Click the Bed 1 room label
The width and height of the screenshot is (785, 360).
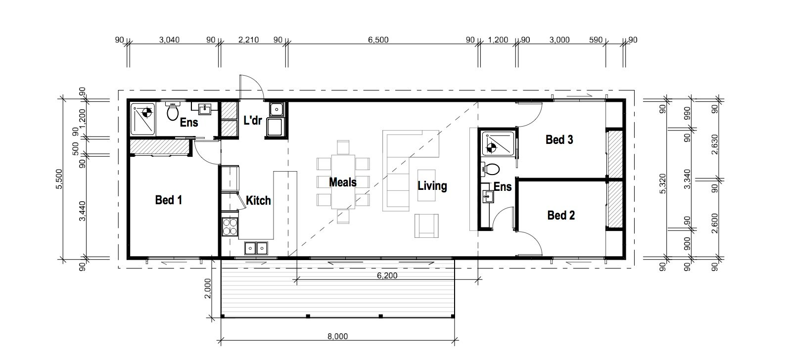tap(169, 200)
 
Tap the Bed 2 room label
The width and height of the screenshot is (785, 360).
tap(561, 215)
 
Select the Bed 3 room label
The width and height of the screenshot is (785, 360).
tap(559, 140)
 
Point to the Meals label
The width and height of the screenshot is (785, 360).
tap(343, 182)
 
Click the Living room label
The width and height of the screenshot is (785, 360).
tap(432, 186)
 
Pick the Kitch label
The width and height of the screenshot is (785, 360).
tap(258, 201)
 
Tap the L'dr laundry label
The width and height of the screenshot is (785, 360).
tap(253, 121)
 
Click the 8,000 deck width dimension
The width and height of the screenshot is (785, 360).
tap(338, 337)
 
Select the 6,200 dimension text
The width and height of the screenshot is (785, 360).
tap(387, 275)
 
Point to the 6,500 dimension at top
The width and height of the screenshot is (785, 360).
tap(378, 40)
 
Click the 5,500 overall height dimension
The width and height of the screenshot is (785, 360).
tap(59, 179)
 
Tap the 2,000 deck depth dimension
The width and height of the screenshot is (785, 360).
tap(207, 288)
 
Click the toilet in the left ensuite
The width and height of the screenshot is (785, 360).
tap(172, 111)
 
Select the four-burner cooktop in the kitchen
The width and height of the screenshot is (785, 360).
tap(230, 226)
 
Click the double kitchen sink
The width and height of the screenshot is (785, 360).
tap(256, 248)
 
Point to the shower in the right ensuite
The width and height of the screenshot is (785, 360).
tap(498, 143)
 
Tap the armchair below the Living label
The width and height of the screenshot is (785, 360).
tap(426, 226)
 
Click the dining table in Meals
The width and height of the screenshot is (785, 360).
tap(343, 182)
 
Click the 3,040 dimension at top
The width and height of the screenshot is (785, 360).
tap(169, 40)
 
